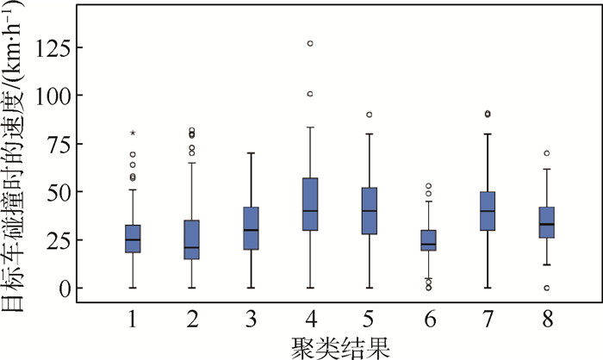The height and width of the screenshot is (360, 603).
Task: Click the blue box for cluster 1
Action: click(133, 239)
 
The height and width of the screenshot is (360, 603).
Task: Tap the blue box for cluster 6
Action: click(428, 240)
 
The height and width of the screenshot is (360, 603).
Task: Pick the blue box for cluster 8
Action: click(546, 223)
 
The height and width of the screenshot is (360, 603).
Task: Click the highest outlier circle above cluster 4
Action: click(310, 43)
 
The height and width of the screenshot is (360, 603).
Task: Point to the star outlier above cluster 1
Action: click(133, 133)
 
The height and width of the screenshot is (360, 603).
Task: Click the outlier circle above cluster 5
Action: click(369, 115)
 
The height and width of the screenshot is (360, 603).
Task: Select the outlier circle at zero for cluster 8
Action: click(546, 288)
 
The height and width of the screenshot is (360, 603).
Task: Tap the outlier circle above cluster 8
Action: click(546, 153)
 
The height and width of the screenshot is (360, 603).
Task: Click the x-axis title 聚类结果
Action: click(339, 346)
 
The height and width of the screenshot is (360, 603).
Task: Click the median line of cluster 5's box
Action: click(369, 211)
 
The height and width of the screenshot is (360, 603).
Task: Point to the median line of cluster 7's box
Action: click(488, 211)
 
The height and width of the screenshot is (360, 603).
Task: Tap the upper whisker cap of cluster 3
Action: click(251, 153)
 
